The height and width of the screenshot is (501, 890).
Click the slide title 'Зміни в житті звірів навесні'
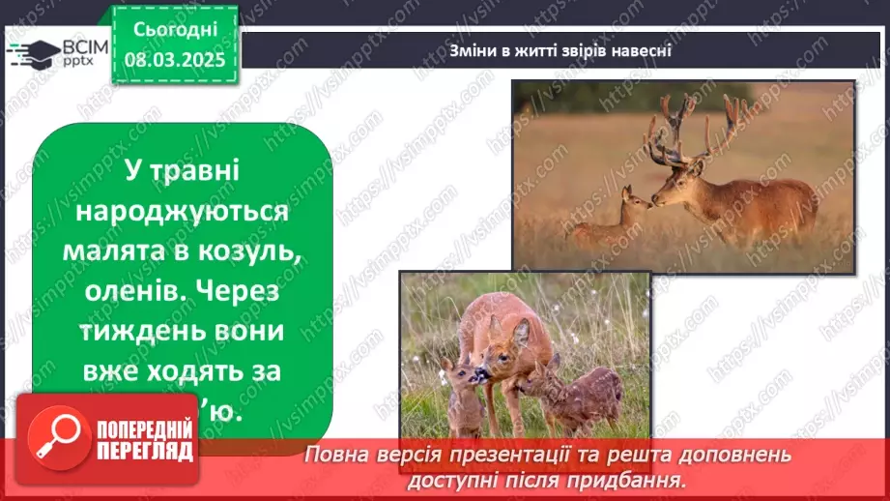tap(560, 50)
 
